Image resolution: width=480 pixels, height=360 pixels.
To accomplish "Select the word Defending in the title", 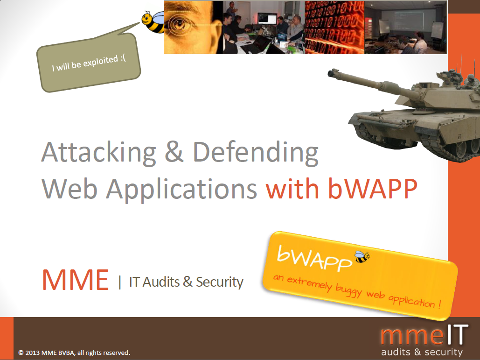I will click(x=255, y=153).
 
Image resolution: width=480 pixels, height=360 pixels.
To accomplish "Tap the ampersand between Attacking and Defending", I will click(x=174, y=152).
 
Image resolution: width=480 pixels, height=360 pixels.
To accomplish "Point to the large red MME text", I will click(x=75, y=279).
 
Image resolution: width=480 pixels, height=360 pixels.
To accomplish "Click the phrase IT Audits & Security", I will click(x=186, y=282).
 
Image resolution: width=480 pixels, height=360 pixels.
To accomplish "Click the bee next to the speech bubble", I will click(x=153, y=21).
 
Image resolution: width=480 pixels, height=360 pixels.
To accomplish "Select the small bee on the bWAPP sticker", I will click(x=362, y=256).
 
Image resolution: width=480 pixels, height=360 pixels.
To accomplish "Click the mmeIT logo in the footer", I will click(x=423, y=335).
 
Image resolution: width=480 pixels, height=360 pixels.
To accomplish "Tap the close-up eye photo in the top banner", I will click(x=193, y=28).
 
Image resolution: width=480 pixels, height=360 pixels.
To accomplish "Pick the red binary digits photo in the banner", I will click(x=334, y=28).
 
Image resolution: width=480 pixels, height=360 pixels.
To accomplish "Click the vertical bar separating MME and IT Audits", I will click(x=120, y=282).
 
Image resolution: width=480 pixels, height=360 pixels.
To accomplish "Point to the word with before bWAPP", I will click(x=292, y=189).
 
